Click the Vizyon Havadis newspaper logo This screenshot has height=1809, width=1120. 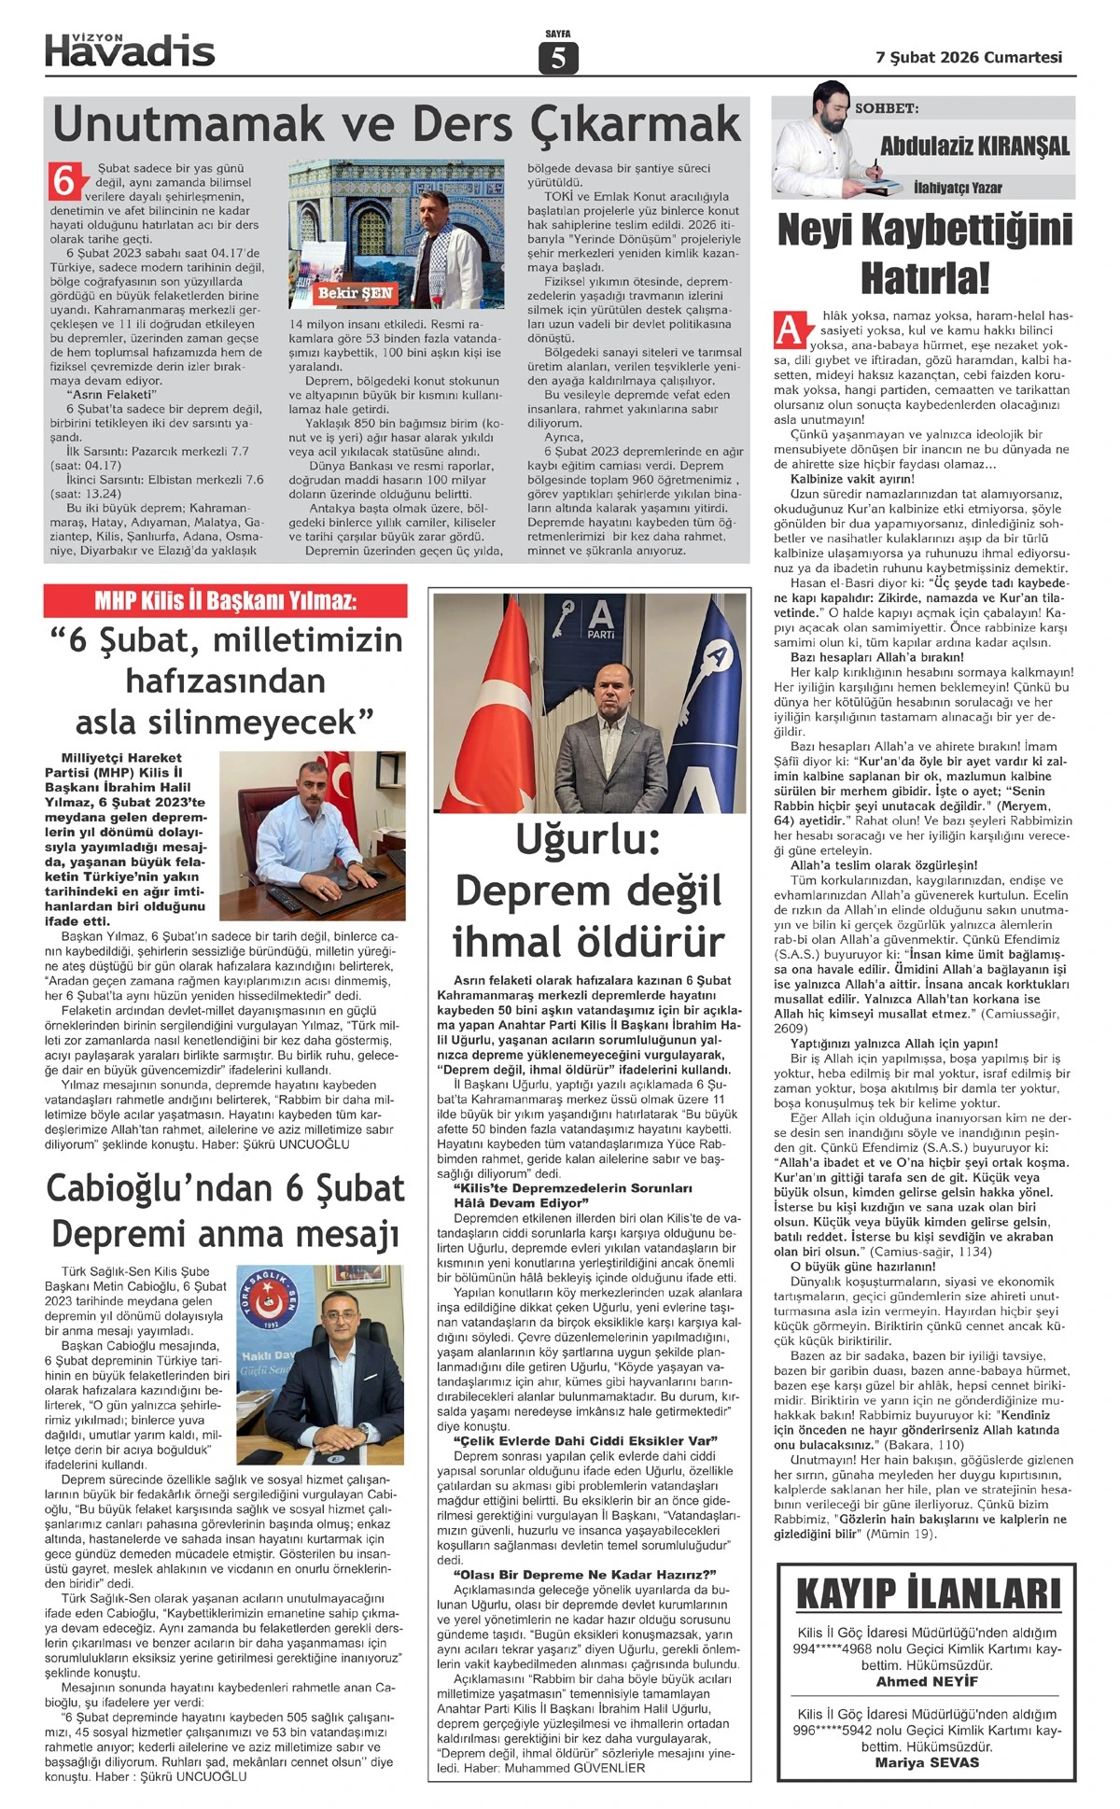[130, 49]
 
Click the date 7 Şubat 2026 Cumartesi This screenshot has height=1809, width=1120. [969, 57]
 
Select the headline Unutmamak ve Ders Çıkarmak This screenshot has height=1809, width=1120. [397, 123]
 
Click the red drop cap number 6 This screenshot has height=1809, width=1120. [63, 180]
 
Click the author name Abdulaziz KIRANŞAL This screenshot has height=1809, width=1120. [974, 146]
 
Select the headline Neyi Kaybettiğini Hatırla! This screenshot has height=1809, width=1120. [924, 252]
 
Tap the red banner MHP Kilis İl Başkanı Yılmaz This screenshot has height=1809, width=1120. [225, 600]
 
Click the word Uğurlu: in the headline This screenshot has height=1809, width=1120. [587, 840]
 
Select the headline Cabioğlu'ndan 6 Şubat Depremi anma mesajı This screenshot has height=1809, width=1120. [225, 1211]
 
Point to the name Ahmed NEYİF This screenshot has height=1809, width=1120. [927, 1681]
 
